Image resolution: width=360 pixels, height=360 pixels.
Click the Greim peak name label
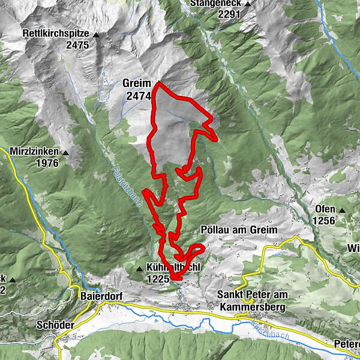tap(136, 83)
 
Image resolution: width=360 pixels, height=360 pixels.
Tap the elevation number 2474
tap(137, 95)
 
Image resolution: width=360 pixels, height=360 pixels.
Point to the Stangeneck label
tap(215, 3)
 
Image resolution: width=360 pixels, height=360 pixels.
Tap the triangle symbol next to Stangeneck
tap(247, 4)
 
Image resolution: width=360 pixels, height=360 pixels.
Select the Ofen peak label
tap(325, 209)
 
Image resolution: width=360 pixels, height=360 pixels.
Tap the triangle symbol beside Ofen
tap(342, 210)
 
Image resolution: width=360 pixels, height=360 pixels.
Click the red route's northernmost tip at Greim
tap(157, 84)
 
